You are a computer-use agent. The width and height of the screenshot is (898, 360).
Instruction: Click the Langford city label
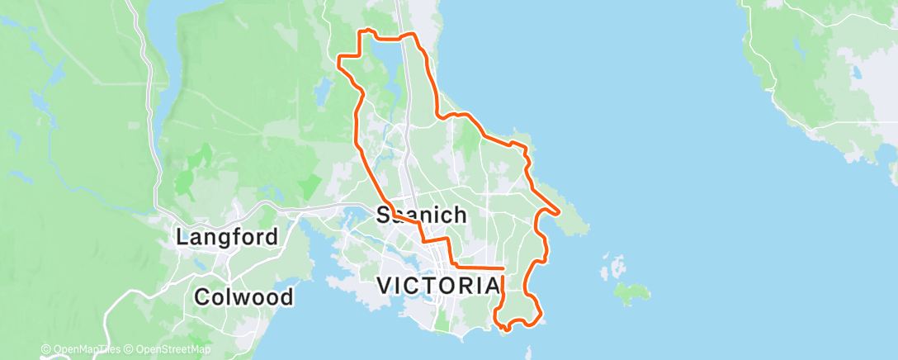(x=226, y=238)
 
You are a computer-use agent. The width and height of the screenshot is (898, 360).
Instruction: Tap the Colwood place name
(x=243, y=296)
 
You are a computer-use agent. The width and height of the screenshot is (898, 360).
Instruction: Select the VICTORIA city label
(x=438, y=286)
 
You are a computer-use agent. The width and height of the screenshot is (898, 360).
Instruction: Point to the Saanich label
(x=421, y=216)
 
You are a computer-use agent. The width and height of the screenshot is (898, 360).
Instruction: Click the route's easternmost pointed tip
(x=560, y=212)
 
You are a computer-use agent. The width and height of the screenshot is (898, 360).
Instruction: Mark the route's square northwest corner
(x=340, y=56)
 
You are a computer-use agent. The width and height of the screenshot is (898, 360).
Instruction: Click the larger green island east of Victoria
(x=631, y=291)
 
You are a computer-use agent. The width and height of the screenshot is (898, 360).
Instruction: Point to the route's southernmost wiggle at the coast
(x=505, y=328)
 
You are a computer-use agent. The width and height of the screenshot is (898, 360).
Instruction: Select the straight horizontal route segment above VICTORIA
(x=479, y=268)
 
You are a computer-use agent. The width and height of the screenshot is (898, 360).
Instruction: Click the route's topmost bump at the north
(x=368, y=31)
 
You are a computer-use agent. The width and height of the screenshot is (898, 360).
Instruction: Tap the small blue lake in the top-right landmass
(x=857, y=73)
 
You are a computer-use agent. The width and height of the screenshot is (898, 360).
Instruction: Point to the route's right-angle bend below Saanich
(x=424, y=239)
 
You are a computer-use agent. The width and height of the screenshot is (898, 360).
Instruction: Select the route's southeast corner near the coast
(x=540, y=315)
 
